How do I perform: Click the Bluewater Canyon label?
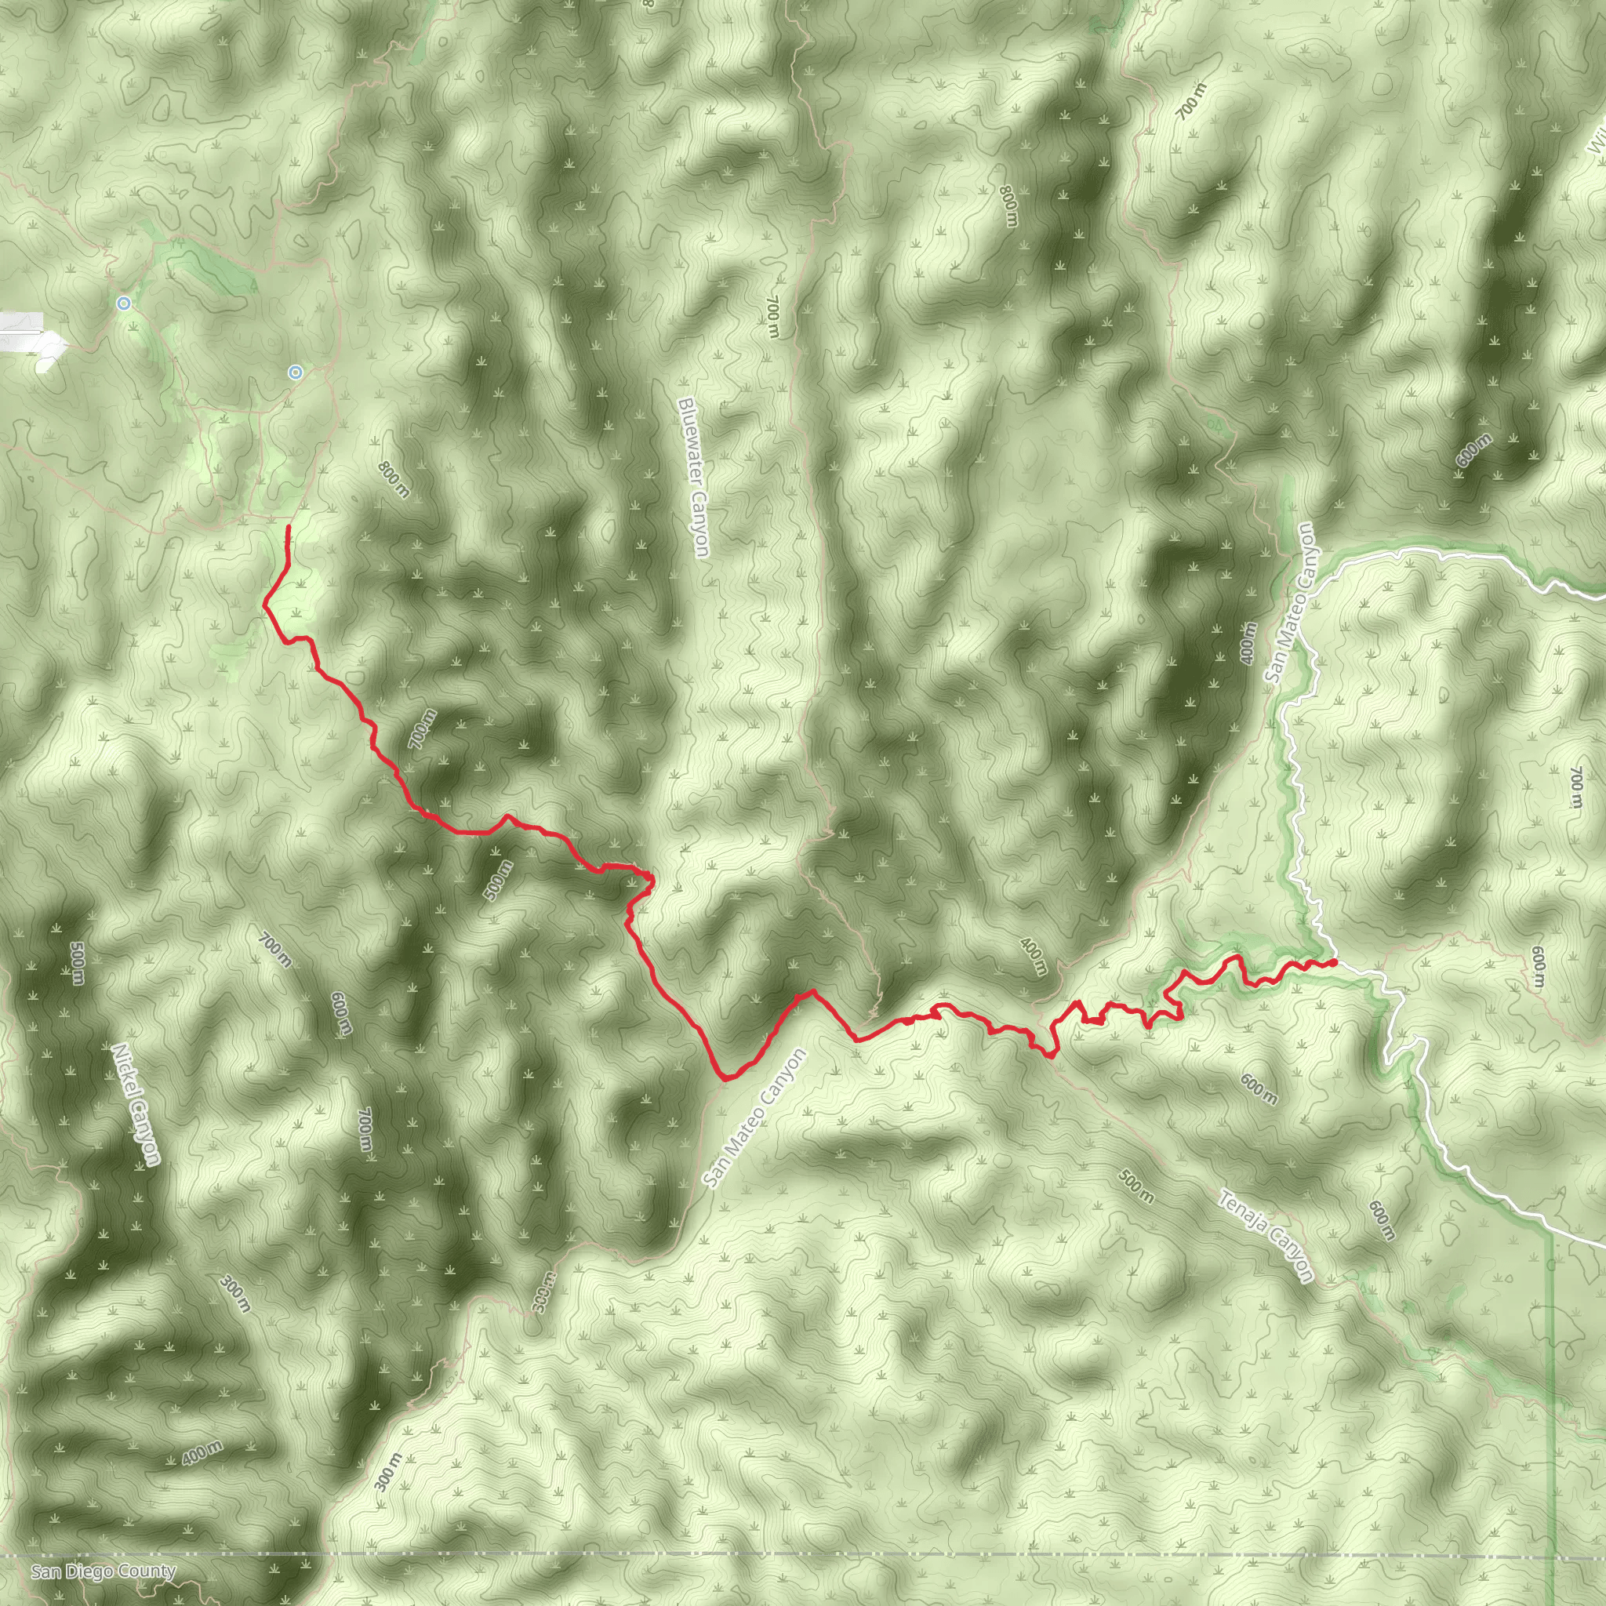pyautogui.click(x=692, y=477)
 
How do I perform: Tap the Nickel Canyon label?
pyautogui.click(x=136, y=1105)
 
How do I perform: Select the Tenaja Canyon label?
pyautogui.click(x=1266, y=1236)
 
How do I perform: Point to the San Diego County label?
pyautogui.click(x=103, y=1571)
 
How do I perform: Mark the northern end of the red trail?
pyautogui.click(x=288, y=528)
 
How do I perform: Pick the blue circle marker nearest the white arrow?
pyautogui.click(x=124, y=303)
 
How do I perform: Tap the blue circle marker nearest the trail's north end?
pyautogui.click(x=295, y=372)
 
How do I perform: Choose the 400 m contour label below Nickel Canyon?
pyautogui.click(x=202, y=1453)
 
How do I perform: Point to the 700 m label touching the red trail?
pyautogui.click(x=423, y=729)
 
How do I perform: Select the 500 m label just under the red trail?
pyautogui.click(x=498, y=881)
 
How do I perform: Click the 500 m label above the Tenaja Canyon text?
pyautogui.click(x=1135, y=1186)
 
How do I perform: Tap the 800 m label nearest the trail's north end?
pyautogui.click(x=393, y=480)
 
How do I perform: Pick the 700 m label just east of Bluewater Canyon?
pyautogui.click(x=772, y=316)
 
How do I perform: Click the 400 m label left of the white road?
pyautogui.click(x=1247, y=642)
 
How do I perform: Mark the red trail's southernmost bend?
pyautogui.click(x=726, y=1079)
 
